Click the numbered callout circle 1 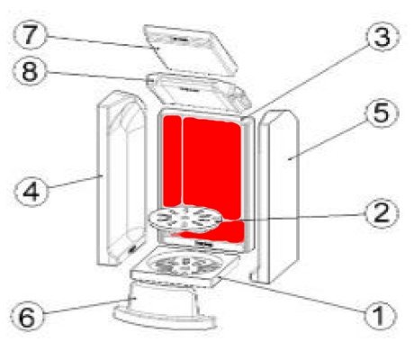coord(380,316)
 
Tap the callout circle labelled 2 coord(382,213)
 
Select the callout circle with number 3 coord(382,36)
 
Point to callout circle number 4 coord(31,191)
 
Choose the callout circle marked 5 coord(382,112)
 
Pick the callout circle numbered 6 coord(27,316)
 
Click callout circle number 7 coord(30,35)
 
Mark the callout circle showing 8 coord(30,71)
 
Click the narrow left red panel coord(172,161)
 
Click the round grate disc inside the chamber coord(185,219)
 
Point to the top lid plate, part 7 coord(190,49)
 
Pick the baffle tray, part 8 coord(199,93)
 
